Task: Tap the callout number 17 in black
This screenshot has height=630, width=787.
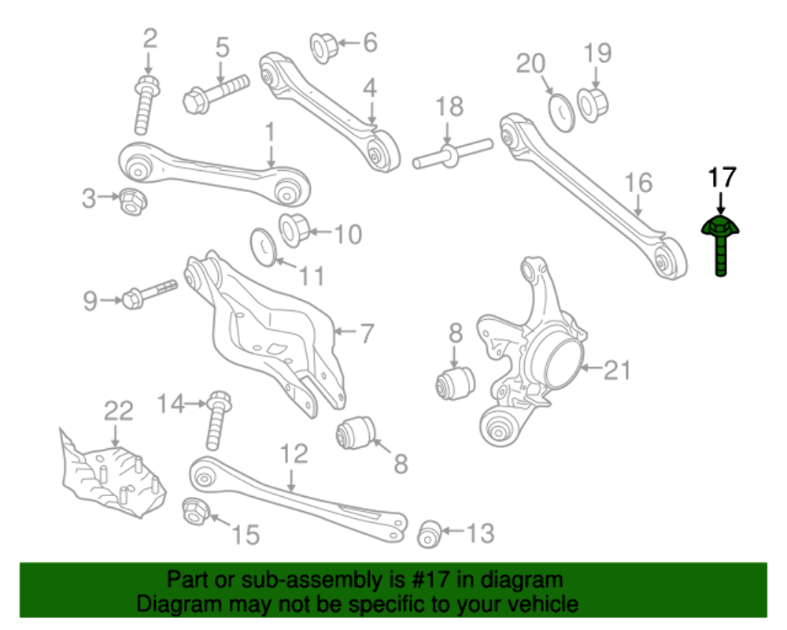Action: pyautogui.click(x=722, y=178)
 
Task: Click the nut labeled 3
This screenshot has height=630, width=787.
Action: pyautogui.click(x=131, y=201)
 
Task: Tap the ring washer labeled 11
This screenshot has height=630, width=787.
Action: pyautogui.click(x=264, y=246)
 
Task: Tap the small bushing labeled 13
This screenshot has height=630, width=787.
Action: pyautogui.click(x=428, y=533)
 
